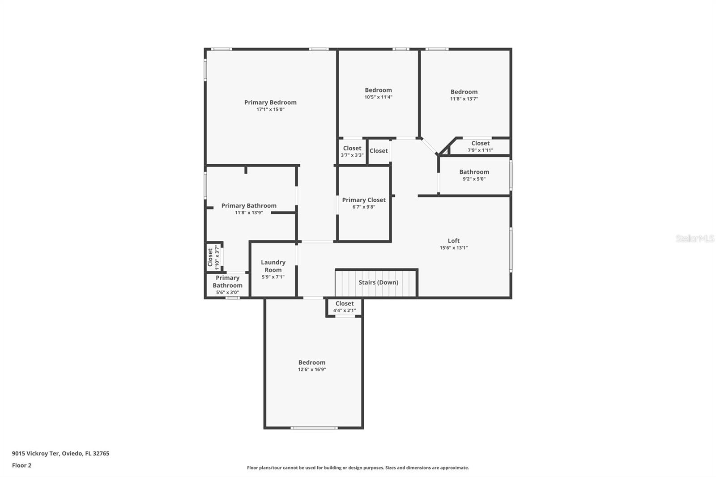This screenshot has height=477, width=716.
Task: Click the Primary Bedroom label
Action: tap(270, 102)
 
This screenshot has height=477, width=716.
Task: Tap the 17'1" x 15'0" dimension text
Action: tap(270, 109)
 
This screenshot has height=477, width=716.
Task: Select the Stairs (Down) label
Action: tap(379, 282)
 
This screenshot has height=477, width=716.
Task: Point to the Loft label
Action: tap(454, 241)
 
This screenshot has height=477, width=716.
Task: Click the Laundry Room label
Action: tap(273, 266)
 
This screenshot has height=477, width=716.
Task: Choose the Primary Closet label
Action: tap(364, 200)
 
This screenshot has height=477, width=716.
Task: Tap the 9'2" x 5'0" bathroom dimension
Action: tap(474, 179)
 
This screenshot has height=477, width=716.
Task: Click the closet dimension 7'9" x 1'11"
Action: tap(481, 150)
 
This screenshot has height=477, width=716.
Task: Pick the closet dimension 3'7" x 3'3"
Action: tap(352, 155)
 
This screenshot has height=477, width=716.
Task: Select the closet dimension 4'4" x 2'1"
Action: tap(345, 311)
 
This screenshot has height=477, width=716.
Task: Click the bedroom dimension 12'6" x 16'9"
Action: tap(312, 370)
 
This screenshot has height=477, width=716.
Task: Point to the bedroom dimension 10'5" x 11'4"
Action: tap(379, 97)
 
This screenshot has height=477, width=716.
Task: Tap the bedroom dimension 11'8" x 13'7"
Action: tap(464, 99)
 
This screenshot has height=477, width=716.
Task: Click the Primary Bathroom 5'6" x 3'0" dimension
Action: tap(228, 293)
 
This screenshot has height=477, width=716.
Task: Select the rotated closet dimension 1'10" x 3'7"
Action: tap(217, 257)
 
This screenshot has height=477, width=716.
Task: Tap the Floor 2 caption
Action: tap(22, 465)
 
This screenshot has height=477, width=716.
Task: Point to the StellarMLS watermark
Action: tap(695, 238)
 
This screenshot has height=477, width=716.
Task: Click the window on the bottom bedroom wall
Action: tap(314, 428)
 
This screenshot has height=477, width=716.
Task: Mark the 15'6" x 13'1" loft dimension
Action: tap(454, 248)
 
